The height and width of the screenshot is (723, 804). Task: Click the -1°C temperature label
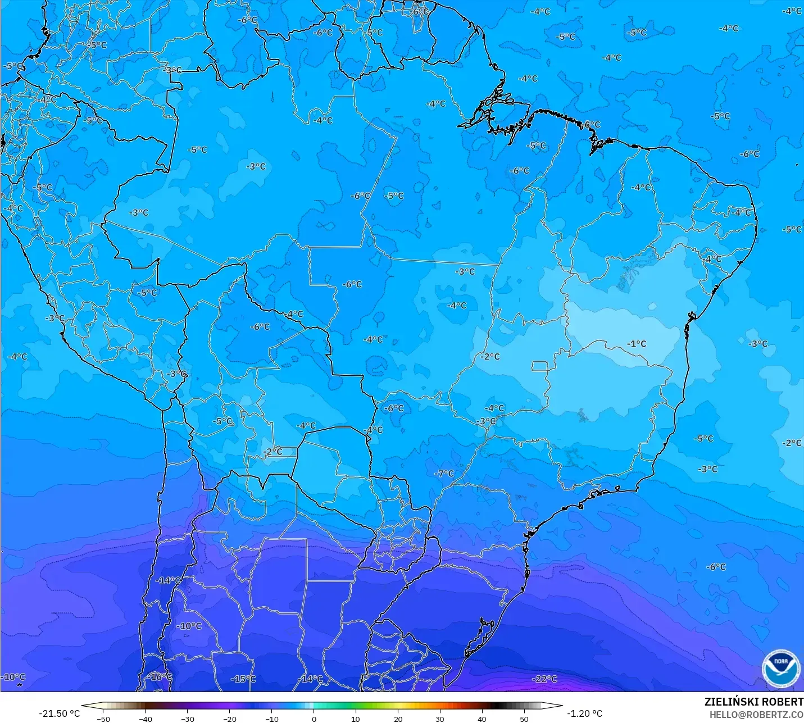[637, 344]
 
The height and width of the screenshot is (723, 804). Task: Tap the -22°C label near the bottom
[545, 679]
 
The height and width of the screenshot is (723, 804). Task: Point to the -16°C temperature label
[160, 677]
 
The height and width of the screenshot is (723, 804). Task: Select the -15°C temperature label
[243, 679]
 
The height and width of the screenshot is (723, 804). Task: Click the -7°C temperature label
[444, 474]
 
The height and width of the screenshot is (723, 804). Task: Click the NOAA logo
[780, 669]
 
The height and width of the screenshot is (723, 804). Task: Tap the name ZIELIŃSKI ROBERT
[753, 702]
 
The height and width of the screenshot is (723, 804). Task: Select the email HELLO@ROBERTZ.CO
[756, 715]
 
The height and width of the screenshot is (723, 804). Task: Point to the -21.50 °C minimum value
[59, 713]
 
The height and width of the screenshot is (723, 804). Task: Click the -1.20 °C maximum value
[584, 713]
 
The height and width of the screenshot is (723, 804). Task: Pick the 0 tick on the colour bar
[314, 719]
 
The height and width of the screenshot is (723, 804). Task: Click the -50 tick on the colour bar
[103, 719]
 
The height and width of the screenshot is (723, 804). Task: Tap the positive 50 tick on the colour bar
[524, 719]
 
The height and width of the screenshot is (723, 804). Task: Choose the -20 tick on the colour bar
[229, 719]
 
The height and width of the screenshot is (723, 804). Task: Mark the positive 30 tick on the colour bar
[439, 719]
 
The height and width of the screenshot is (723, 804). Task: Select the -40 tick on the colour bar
[146, 719]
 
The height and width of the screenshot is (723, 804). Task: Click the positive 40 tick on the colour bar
[482, 719]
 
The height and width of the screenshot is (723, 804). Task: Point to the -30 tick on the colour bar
[188, 719]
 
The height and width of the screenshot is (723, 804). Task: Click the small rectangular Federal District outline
[540, 366]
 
